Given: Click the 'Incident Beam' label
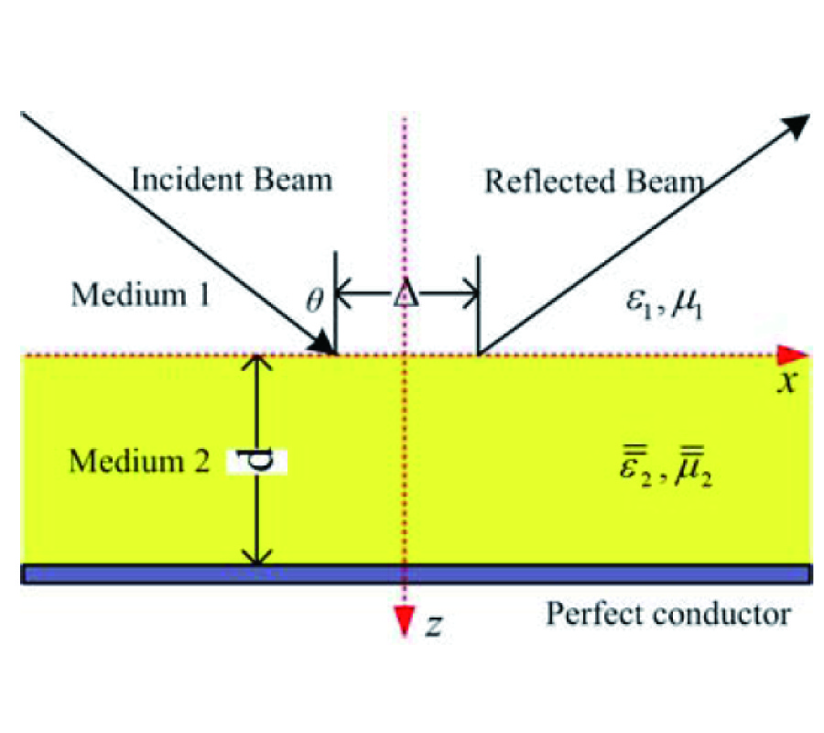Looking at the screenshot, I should point(231,179).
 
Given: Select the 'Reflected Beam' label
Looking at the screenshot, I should point(594,181).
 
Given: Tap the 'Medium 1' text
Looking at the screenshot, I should point(142,295).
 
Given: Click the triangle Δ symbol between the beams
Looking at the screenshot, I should point(405,296).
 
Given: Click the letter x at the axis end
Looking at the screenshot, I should point(785,382).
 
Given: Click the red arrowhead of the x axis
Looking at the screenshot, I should point(795,354).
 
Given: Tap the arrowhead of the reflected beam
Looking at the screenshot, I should point(798,126).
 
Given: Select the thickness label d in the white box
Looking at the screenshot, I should point(261,461).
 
